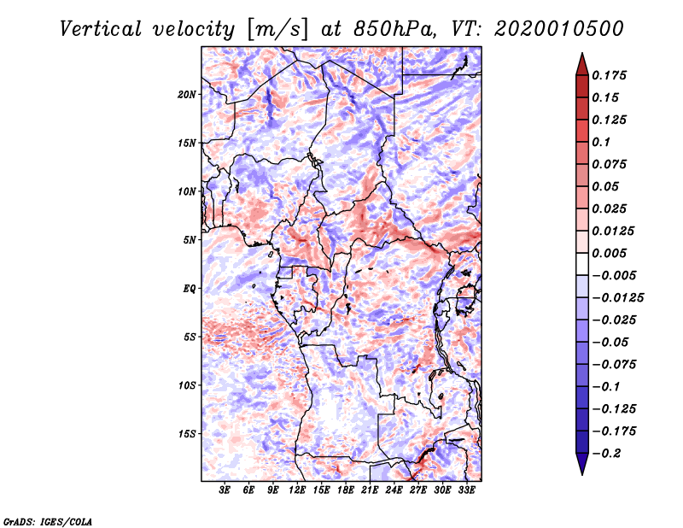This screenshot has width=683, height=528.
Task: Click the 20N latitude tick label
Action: coord(186,95)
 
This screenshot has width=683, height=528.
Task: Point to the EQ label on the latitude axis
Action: coord(190,289)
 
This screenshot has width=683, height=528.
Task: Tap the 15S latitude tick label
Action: coord(187,434)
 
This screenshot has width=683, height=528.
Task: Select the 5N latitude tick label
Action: coord(190,240)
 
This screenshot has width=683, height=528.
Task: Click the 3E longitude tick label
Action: coord(225,490)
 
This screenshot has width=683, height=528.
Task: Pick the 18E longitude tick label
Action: coord(346,490)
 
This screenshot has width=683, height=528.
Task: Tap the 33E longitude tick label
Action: coord(466,490)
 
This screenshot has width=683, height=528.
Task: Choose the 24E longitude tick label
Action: coord(394,490)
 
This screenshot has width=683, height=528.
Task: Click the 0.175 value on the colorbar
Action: coord(609,75)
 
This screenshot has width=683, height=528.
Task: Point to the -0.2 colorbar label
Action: coord(607,454)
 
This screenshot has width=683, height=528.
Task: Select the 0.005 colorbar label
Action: coord(609,253)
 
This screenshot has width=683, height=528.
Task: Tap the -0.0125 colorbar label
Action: coord(617,298)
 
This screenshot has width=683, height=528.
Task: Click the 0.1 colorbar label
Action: coord(601,142)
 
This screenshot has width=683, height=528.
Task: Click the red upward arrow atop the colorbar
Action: coord(582,64)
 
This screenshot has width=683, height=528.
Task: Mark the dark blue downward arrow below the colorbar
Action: coord(582,464)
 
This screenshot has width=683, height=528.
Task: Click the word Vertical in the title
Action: coord(101,29)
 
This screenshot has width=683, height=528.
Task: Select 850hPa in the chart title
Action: coord(394,29)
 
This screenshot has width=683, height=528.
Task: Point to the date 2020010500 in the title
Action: coord(559,29)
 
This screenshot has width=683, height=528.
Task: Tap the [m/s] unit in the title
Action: coord(277,30)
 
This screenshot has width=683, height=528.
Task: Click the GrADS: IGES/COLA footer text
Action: coord(48,522)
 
